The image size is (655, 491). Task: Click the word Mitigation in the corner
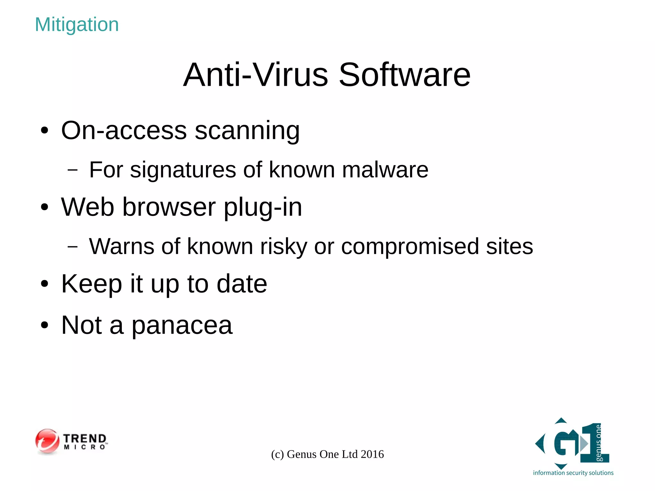[77, 25]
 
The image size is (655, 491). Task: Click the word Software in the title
[404, 75]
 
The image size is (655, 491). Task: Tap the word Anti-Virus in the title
[256, 75]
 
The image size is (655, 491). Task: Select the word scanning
[247, 131]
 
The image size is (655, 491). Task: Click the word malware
[385, 170]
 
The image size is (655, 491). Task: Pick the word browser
[169, 207]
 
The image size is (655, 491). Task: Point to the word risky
[283, 247]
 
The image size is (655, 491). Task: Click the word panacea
[182, 326]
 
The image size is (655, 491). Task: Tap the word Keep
[91, 284]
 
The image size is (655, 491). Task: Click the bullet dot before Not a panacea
[44, 326]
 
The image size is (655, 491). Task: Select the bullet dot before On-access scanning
[44, 131]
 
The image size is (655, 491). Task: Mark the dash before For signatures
[73, 170]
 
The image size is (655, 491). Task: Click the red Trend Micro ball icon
[47, 441]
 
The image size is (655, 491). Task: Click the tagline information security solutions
[573, 473]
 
